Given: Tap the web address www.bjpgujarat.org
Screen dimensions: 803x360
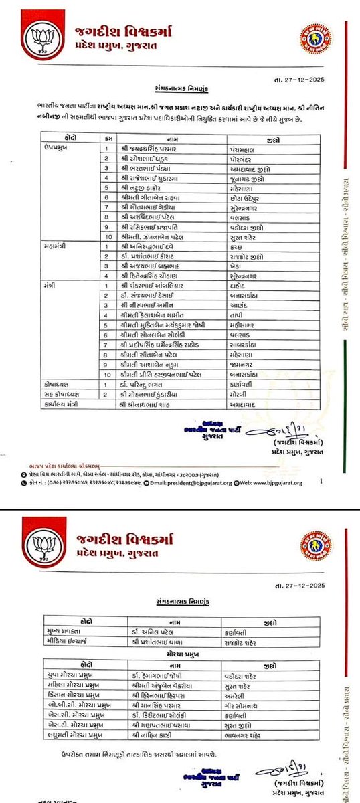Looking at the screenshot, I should tap(272, 481).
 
